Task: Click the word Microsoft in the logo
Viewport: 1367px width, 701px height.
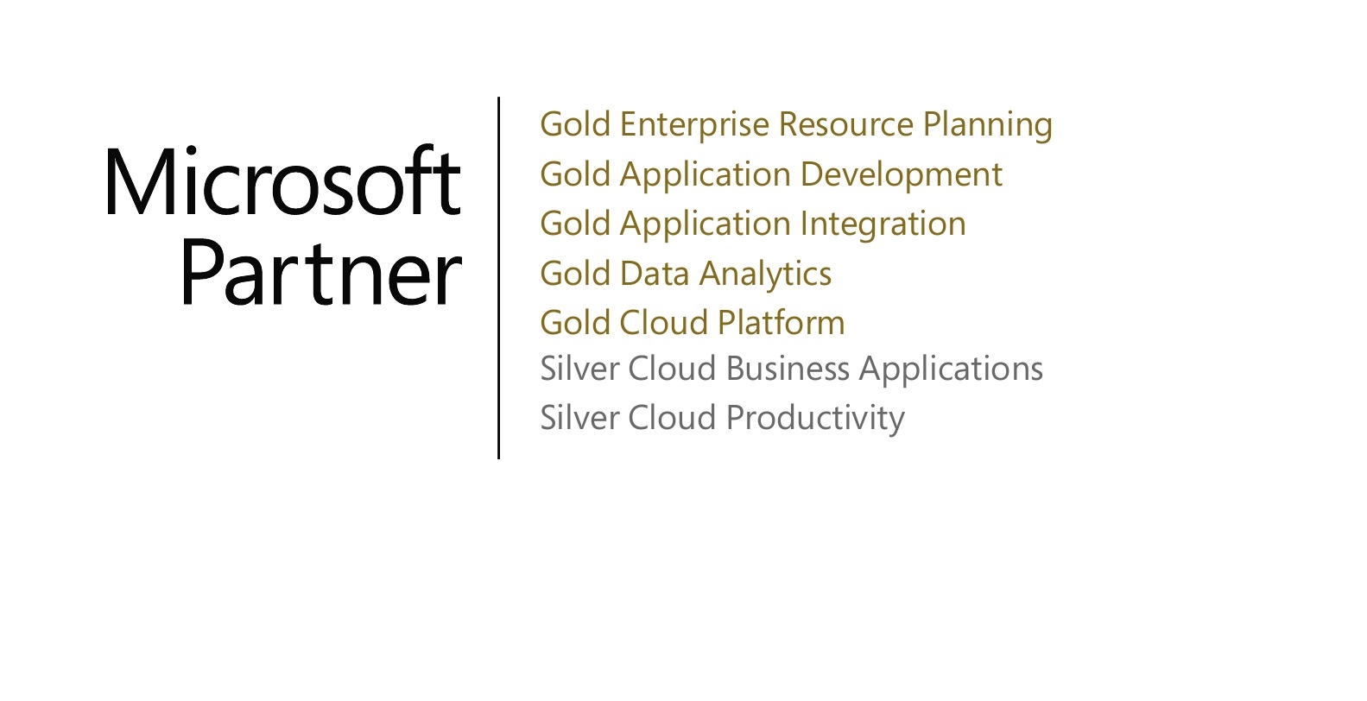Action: [283, 182]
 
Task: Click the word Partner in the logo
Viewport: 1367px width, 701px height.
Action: [320, 274]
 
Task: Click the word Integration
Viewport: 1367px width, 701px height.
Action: [883, 224]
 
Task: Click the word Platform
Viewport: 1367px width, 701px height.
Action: [781, 323]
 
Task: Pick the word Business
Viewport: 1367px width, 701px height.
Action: [788, 369]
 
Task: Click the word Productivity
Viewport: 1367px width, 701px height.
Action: [814, 419]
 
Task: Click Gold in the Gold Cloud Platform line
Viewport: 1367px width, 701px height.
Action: [575, 323]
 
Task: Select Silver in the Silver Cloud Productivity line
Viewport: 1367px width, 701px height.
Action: [579, 418]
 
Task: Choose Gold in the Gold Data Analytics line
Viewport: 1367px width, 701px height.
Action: [575, 274]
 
